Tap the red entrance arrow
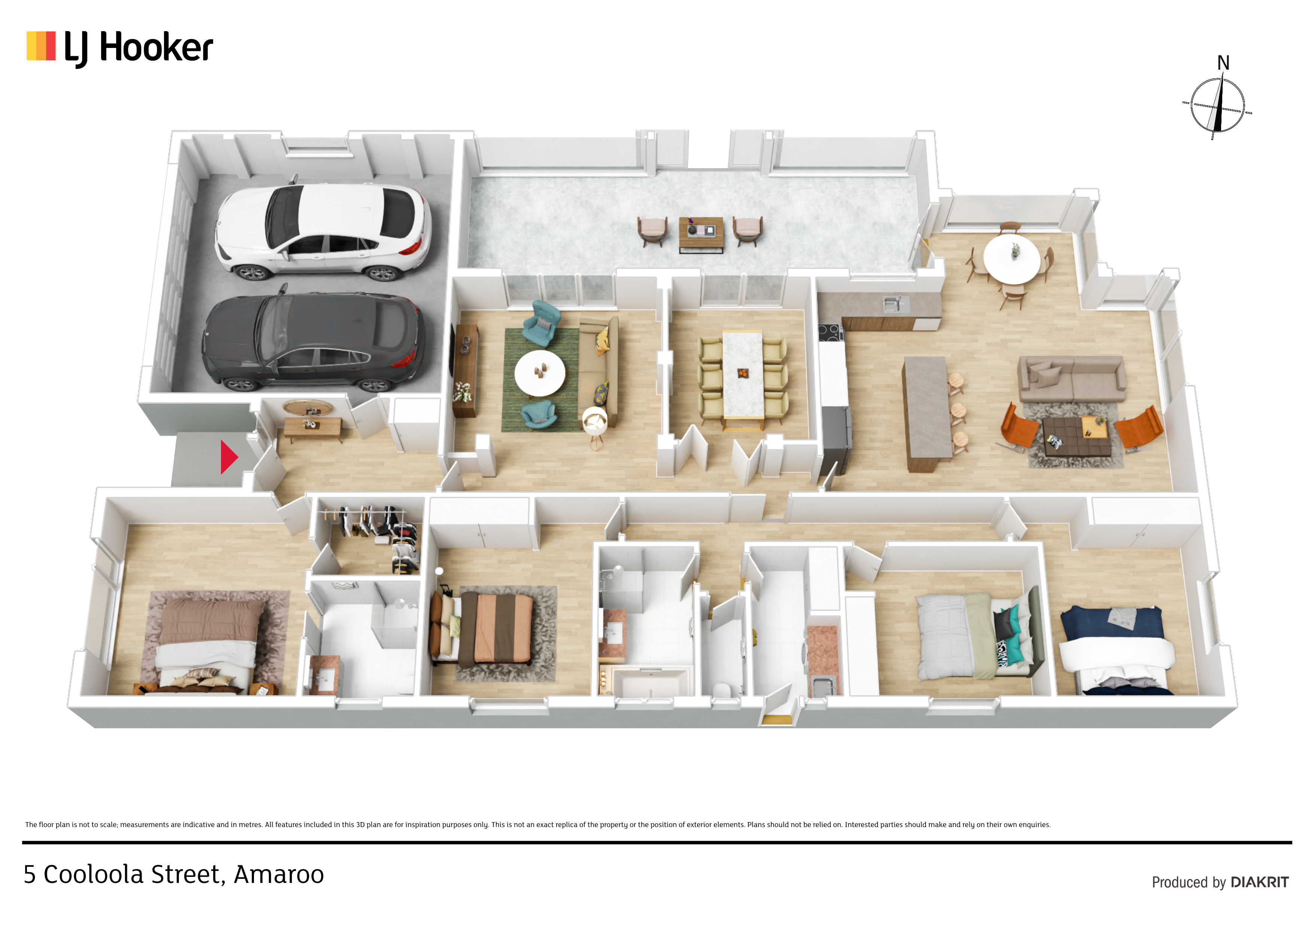[x=229, y=457]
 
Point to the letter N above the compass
[x=1223, y=63]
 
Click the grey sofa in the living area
[x=1071, y=379]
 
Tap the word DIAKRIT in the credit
[x=1259, y=882]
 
